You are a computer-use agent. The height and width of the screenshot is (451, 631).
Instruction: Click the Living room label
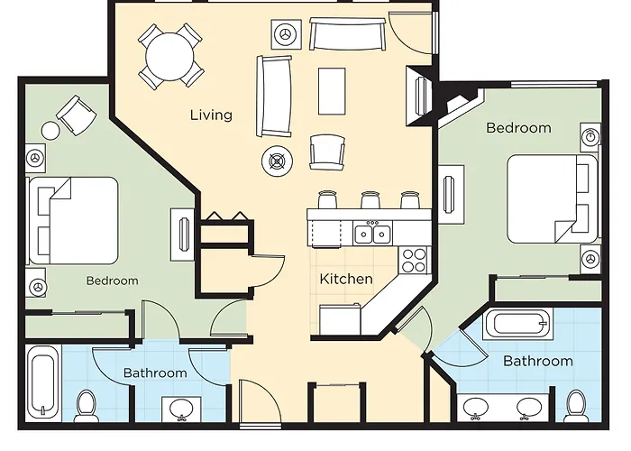tap(211, 115)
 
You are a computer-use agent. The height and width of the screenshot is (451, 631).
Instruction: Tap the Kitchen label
tap(346, 279)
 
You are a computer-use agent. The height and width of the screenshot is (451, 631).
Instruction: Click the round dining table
tap(169, 56)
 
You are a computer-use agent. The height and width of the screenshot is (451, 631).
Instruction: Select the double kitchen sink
tap(372, 233)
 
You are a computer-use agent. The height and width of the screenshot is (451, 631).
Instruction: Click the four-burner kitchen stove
tap(414, 260)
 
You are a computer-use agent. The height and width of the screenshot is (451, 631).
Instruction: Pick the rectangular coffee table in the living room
tap(332, 91)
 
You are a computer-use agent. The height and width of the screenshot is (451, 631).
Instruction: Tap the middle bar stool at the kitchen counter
tap(370, 200)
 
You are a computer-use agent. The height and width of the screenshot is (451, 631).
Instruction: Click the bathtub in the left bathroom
tap(43, 383)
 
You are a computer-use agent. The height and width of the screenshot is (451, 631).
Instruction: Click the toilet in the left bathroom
tap(86, 406)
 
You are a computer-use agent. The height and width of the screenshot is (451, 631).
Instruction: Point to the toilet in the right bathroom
tap(575, 406)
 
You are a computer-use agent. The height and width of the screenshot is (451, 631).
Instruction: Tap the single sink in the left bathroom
tap(181, 410)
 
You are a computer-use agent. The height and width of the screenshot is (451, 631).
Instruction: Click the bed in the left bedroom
tap(73, 221)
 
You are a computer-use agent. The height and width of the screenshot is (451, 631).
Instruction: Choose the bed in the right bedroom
tap(553, 199)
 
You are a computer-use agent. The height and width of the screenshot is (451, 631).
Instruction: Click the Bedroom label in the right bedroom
tap(518, 128)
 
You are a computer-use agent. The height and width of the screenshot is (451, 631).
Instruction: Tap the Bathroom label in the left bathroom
tap(155, 373)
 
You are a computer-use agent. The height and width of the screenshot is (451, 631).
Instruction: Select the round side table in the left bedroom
tap(50, 131)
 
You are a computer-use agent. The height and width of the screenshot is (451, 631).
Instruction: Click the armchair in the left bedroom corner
tap(77, 115)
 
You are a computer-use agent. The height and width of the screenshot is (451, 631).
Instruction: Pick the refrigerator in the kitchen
tap(341, 319)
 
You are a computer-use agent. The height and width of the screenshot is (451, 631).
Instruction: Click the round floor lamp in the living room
tap(277, 161)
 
